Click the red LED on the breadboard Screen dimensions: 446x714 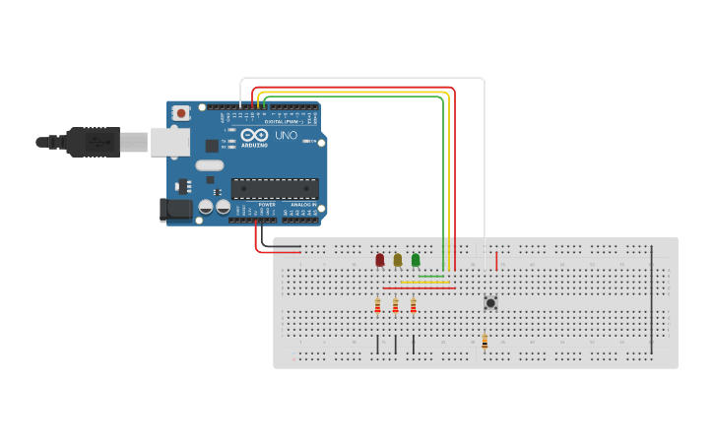click(x=379, y=260)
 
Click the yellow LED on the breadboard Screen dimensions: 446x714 click(x=397, y=260)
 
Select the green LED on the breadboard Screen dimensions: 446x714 click(x=416, y=260)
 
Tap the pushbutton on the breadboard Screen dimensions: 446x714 click(x=490, y=303)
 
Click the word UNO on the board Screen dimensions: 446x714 click(x=286, y=135)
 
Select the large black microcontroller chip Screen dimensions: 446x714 click(x=274, y=188)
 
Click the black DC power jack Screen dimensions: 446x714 click(x=174, y=210)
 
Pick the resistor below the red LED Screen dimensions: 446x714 click(x=377, y=306)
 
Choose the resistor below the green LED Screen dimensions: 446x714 click(x=413, y=306)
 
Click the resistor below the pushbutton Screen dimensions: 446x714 click(x=485, y=342)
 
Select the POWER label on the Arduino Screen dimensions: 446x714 click(x=253, y=205)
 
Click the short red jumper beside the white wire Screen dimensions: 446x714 click(x=496, y=261)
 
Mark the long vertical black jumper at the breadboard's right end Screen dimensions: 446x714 click(x=651, y=300)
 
